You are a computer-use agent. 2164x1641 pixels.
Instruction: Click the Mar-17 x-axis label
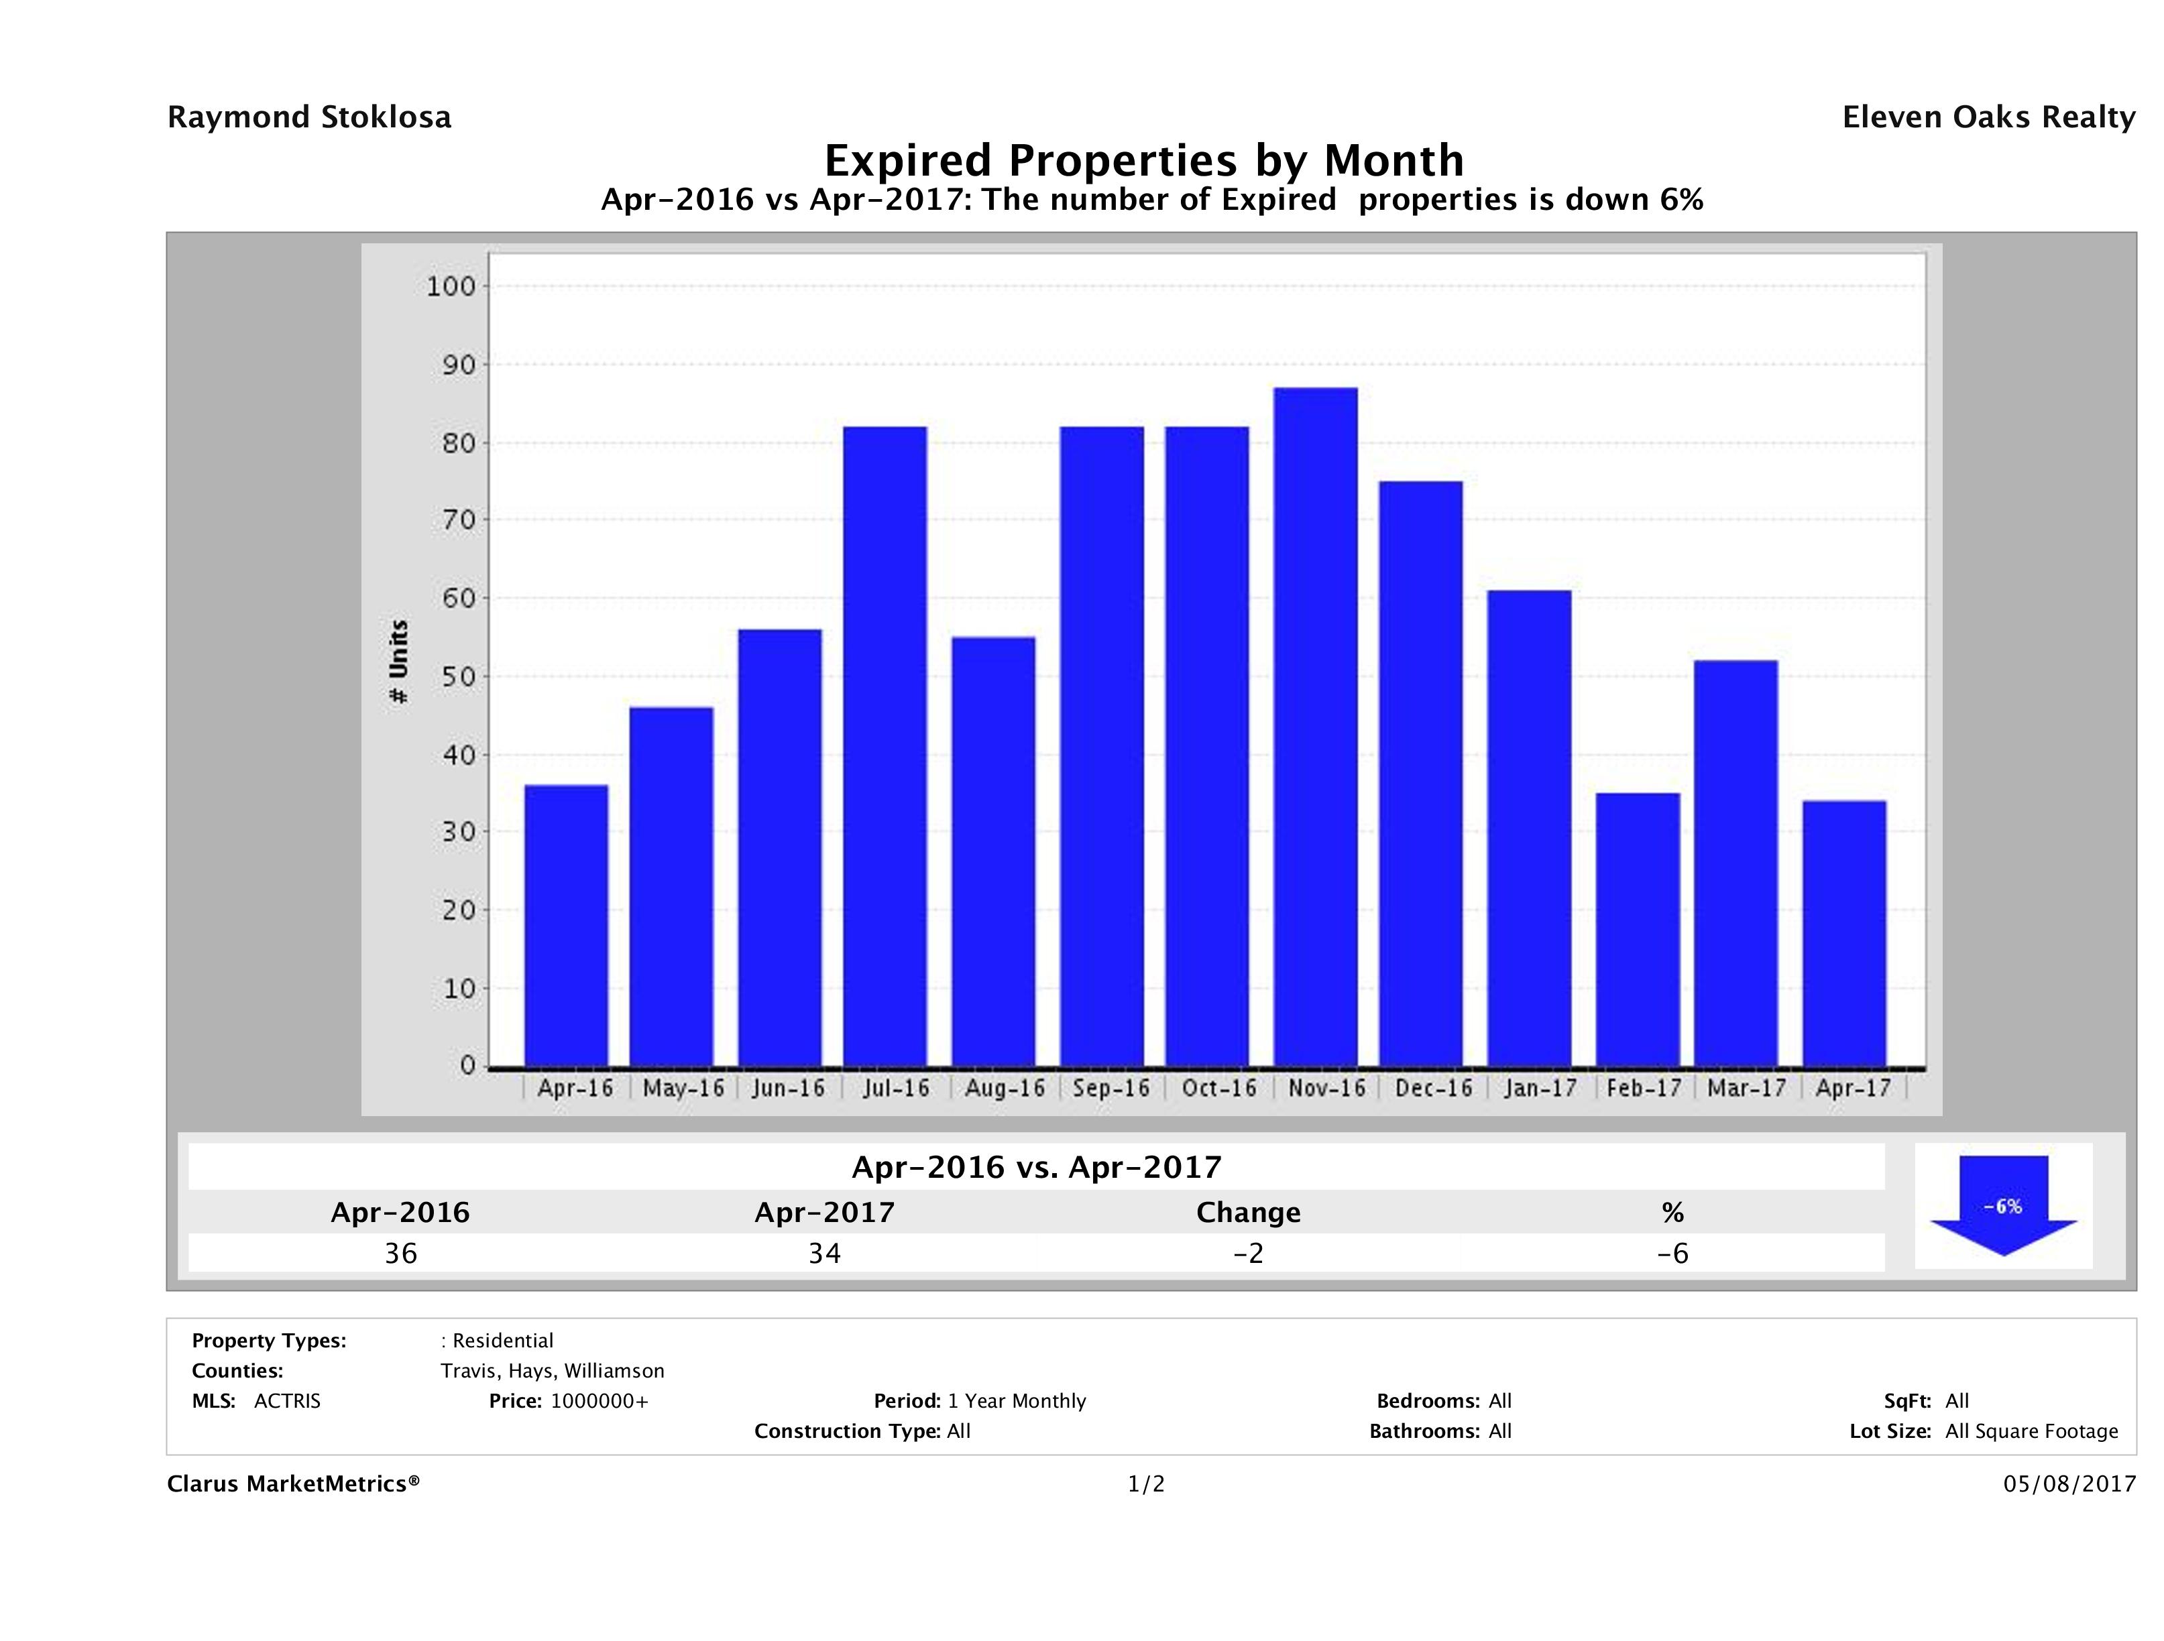1746,1087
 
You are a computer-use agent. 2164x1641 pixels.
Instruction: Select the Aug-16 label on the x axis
1005,1087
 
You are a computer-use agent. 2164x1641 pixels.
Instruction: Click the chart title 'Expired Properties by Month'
1143,160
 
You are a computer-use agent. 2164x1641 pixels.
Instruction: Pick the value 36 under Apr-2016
401,1253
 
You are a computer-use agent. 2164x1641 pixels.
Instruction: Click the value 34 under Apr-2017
825,1253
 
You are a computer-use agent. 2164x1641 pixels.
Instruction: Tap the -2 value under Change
1249,1253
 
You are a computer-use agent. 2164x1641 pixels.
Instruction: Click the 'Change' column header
1249,1213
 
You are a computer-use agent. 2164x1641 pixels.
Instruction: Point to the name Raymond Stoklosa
309,117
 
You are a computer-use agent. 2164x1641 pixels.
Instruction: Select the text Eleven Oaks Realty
1988,117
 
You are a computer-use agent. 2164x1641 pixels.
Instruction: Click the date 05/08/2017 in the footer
2069,1483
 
